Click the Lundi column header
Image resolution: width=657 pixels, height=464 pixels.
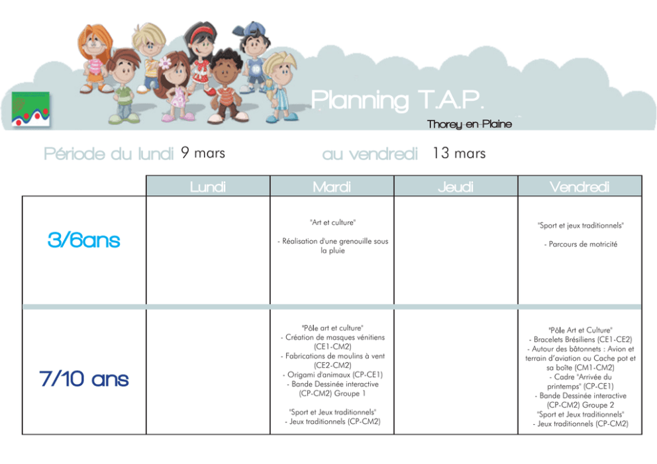(208, 187)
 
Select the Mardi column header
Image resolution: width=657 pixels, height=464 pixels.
(332, 187)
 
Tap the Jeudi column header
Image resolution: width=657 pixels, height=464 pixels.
(456, 187)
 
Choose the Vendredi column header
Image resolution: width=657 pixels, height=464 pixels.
(580, 187)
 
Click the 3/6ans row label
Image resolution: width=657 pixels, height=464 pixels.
(84, 240)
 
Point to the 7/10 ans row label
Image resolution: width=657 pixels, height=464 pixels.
(84, 379)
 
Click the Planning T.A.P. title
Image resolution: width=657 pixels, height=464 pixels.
(397, 101)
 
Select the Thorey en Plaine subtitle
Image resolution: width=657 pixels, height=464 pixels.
(470, 124)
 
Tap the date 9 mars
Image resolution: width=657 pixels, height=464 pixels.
(203, 153)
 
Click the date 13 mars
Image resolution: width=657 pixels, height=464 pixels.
(459, 153)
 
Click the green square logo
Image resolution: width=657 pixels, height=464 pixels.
(30, 109)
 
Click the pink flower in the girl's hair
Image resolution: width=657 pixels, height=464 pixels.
(166, 62)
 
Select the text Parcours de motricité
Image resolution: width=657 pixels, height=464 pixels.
(583, 244)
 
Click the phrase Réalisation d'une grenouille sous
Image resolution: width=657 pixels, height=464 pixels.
(333, 241)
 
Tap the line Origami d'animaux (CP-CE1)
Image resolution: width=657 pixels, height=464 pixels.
(332, 375)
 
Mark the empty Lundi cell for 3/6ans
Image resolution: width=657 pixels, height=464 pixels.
(208, 250)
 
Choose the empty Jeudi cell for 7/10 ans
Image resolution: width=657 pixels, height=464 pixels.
(456, 372)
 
